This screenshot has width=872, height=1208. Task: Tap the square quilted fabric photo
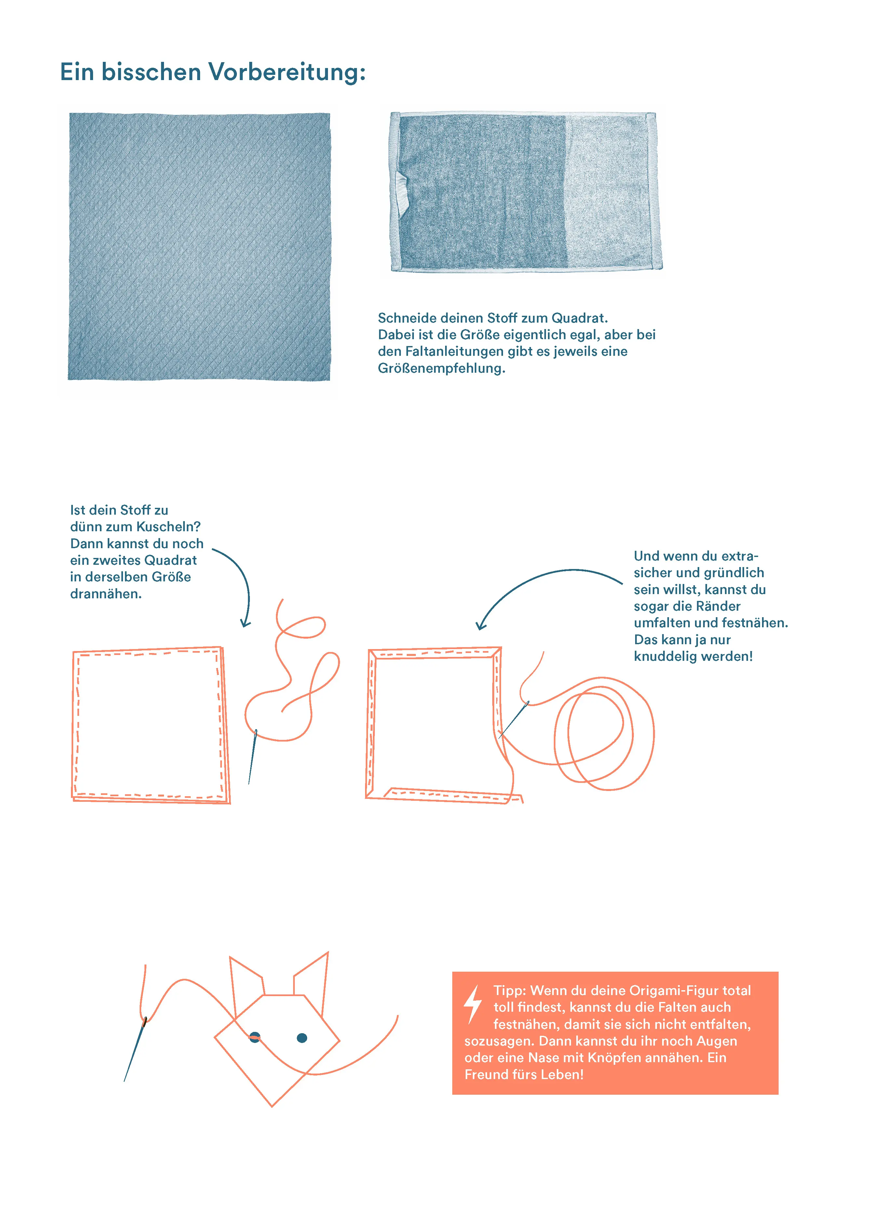(x=199, y=247)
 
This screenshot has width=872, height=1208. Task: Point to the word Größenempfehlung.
(x=441, y=368)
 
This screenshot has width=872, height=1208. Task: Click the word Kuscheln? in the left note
(x=168, y=526)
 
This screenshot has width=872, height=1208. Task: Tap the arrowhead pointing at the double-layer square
(x=245, y=622)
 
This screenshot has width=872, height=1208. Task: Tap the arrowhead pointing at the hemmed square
(x=481, y=624)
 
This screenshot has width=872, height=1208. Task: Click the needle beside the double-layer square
(x=252, y=756)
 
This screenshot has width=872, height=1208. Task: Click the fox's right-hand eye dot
(x=302, y=1037)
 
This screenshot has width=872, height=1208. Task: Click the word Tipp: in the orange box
(x=510, y=991)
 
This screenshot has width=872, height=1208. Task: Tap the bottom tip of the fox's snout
(x=271, y=1106)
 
